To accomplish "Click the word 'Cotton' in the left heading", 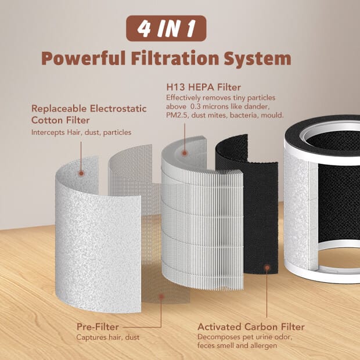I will tap(49, 120).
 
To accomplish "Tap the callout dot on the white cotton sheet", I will tap(81, 173).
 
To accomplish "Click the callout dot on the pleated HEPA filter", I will tap(185, 153).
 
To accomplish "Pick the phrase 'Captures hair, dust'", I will tap(107, 337).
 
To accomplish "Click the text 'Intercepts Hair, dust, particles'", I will tap(81, 132).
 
